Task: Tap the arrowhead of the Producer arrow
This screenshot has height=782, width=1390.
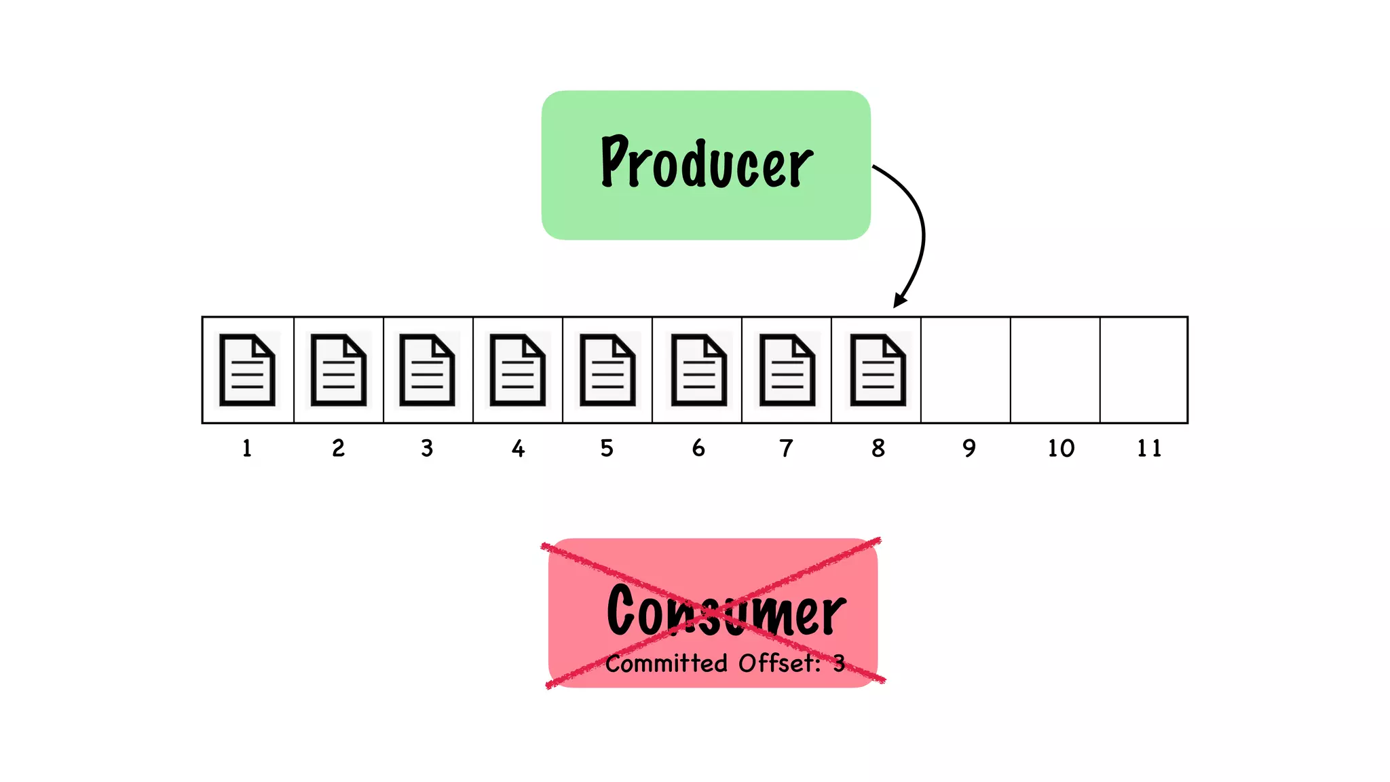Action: coord(899,301)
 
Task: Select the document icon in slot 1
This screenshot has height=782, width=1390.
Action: coord(247,370)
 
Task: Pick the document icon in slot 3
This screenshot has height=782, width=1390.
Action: coord(427,370)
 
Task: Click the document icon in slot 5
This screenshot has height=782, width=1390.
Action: coord(607,370)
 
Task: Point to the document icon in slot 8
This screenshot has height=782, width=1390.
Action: coord(878,370)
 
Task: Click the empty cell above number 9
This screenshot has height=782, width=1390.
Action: coord(965,370)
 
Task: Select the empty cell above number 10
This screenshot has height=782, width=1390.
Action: coord(1055,370)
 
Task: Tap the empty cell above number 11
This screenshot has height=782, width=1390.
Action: coord(1144,370)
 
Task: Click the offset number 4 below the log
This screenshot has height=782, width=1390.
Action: coord(518,448)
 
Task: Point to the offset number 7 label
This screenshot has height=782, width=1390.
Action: coord(786,448)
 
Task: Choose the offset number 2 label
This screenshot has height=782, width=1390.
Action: coord(338,448)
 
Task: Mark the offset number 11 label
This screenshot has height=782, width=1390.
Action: coord(1149,448)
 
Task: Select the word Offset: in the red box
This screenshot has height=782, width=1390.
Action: coord(779,663)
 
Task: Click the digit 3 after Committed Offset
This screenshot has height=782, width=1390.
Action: coord(840,663)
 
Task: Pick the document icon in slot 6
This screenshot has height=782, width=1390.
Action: coord(698,370)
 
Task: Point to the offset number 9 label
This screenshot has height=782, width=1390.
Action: coord(969,448)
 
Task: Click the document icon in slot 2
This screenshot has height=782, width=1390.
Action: coord(338,370)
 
